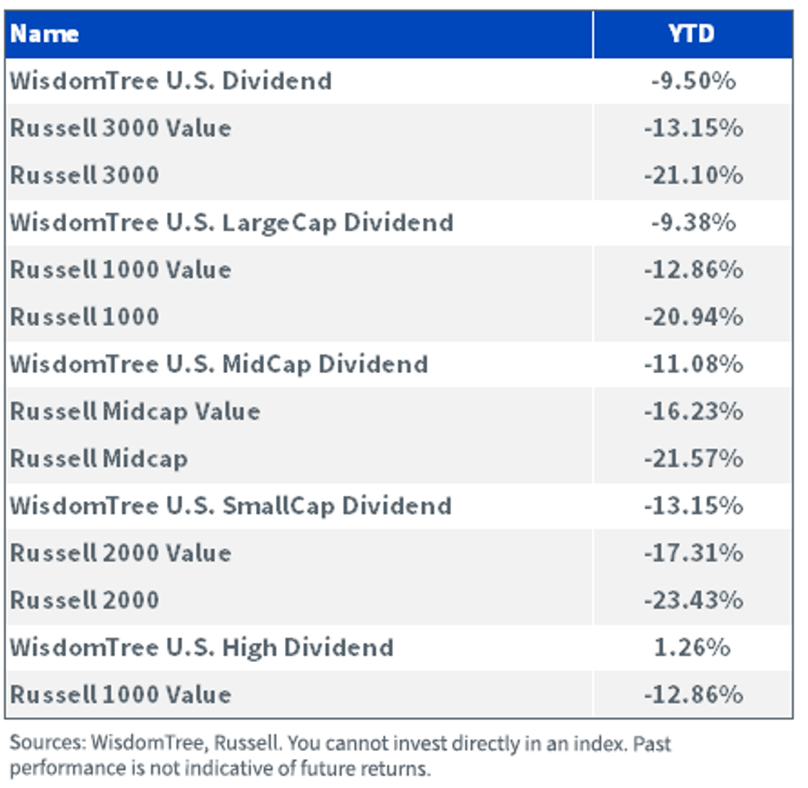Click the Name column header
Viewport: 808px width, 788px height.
coord(44,34)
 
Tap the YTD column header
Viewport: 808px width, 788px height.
coord(692,34)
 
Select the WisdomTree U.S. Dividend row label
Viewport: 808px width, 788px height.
coord(170,81)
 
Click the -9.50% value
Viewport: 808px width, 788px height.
coord(694,81)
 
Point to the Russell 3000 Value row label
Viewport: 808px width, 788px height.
coord(121,127)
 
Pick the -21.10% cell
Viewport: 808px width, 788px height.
coord(694,175)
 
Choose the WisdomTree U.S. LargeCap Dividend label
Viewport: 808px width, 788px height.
coord(231,223)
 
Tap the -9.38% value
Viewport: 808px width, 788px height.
coord(694,222)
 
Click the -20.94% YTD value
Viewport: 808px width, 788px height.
coord(694,317)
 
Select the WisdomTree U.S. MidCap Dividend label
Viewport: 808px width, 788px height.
coord(219,364)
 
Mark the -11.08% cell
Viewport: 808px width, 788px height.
coord(694,364)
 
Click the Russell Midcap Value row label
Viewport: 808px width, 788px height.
coord(135,412)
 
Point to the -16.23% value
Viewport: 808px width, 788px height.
coord(694,412)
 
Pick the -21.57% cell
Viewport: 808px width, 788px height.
coord(694,459)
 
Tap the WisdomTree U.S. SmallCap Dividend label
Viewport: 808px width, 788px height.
coord(230,506)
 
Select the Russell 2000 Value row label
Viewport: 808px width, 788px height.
coord(121,553)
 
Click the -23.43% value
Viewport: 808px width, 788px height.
coord(694,600)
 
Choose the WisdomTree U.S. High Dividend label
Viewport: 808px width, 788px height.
coord(201,648)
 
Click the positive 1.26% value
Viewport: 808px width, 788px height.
coord(692,647)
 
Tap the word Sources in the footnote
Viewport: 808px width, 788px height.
coord(47,742)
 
